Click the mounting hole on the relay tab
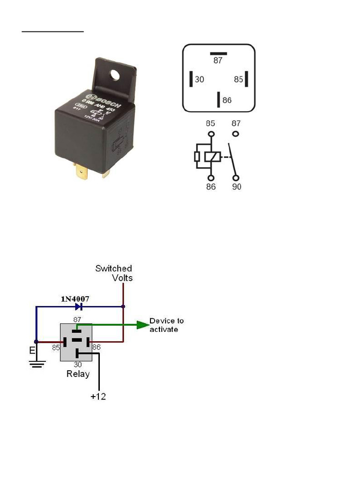114,74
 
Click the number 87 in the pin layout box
218,60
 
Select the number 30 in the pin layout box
200,80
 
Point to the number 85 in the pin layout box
238,80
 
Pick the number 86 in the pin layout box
227,100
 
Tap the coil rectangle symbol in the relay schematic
212,156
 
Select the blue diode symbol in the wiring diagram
78,307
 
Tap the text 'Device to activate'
166,325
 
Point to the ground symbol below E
36,362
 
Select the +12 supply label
98,397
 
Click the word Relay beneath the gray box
78,374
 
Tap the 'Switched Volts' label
114,273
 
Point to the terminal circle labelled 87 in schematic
236,134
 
